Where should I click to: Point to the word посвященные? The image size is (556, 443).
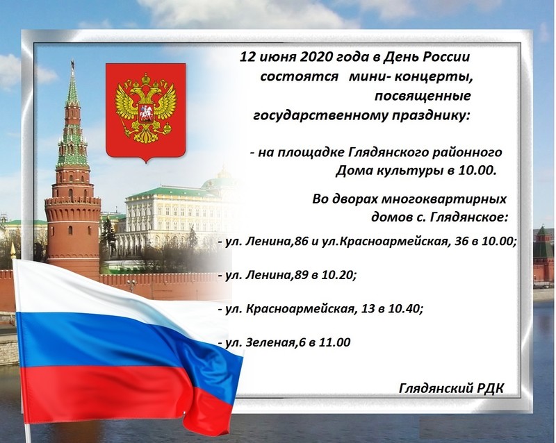pos(423,96)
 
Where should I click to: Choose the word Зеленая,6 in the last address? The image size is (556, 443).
pos(275,342)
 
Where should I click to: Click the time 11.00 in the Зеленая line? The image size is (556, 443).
pos(335,342)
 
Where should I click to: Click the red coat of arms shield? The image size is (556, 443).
pos(146,112)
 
